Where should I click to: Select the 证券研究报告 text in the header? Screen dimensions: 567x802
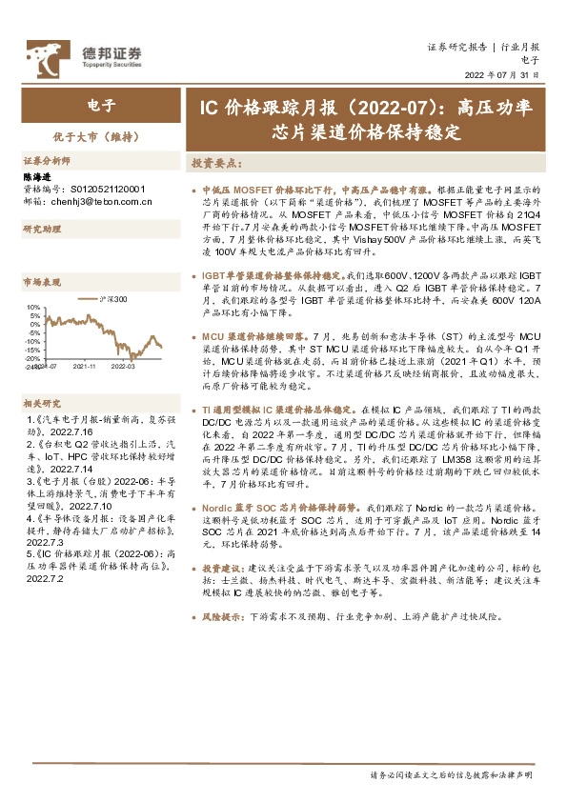456,47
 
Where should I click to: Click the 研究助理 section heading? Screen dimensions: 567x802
42,230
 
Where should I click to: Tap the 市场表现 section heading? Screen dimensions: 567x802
42,283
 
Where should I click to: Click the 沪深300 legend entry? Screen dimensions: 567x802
112,300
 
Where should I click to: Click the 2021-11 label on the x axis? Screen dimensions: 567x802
84,365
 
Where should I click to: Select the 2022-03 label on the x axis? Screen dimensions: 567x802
123,365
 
